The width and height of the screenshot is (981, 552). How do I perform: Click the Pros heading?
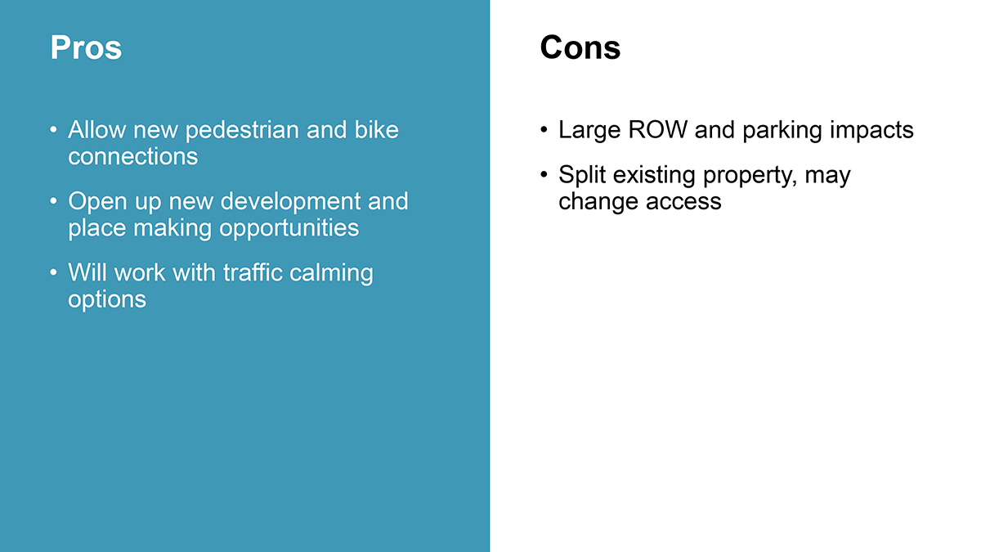click(x=86, y=47)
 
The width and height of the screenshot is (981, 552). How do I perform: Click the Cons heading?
click(x=580, y=47)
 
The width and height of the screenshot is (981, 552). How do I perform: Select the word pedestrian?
click(x=242, y=131)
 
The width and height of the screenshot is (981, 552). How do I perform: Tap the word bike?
click(x=377, y=130)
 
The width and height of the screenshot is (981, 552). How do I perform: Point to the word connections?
click(x=132, y=156)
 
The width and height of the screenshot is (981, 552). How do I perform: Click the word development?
click(x=290, y=202)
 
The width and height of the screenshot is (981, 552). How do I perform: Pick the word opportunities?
click(x=289, y=229)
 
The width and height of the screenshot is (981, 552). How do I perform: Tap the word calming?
click(x=332, y=273)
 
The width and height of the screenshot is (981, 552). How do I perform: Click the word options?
click(x=107, y=300)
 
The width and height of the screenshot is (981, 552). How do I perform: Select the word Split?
click(x=582, y=175)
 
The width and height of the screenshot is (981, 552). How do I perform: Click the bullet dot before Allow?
click(x=53, y=130)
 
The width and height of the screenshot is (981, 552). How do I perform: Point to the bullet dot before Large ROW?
click(x=544, y=130)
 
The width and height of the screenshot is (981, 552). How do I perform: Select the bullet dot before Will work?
click(x=53, y=272)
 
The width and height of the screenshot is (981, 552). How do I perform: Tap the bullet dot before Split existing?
click(x=544, y=174)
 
